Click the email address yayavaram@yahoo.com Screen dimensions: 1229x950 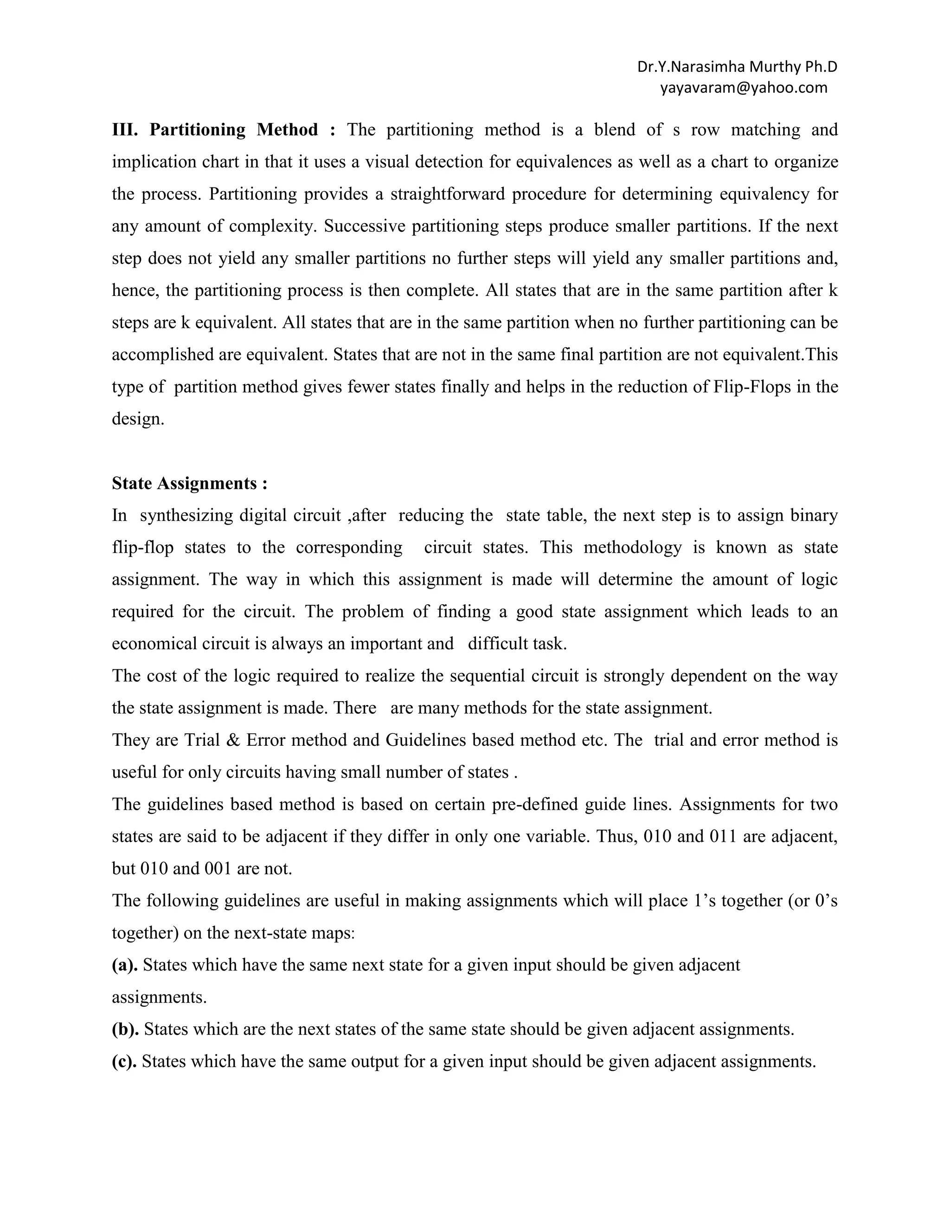tap(744, 88)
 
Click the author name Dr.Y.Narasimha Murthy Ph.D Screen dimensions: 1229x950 tap(737, 67)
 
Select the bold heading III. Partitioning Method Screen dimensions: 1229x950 tap(224, 130)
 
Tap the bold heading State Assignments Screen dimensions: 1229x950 tap(189, 483)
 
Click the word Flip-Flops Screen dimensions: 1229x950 tap(752, 387)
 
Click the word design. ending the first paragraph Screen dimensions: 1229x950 tap(138, 419)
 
